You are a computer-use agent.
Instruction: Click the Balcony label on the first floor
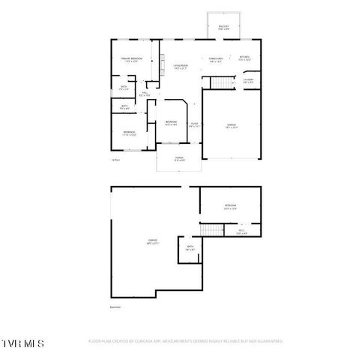pos(223,27)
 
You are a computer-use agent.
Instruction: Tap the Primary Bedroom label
pos(132,59)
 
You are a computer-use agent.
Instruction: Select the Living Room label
pos(181,67)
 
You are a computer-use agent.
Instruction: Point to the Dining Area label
pos(217,59)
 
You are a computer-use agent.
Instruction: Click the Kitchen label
pos(244,58)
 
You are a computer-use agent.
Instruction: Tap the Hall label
pos(145,94)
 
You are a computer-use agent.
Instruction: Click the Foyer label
pos(194,124)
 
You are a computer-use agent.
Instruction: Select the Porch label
pos(179,159)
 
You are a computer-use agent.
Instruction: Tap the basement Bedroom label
pos(229,207)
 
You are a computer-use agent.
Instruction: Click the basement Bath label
pos(190,248)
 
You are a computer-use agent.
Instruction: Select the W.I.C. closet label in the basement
pos(241,232)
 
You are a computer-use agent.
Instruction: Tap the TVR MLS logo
pos(23,343)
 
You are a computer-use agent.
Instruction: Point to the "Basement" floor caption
pos(115,307)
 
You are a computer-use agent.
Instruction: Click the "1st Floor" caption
pos(115,160)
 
